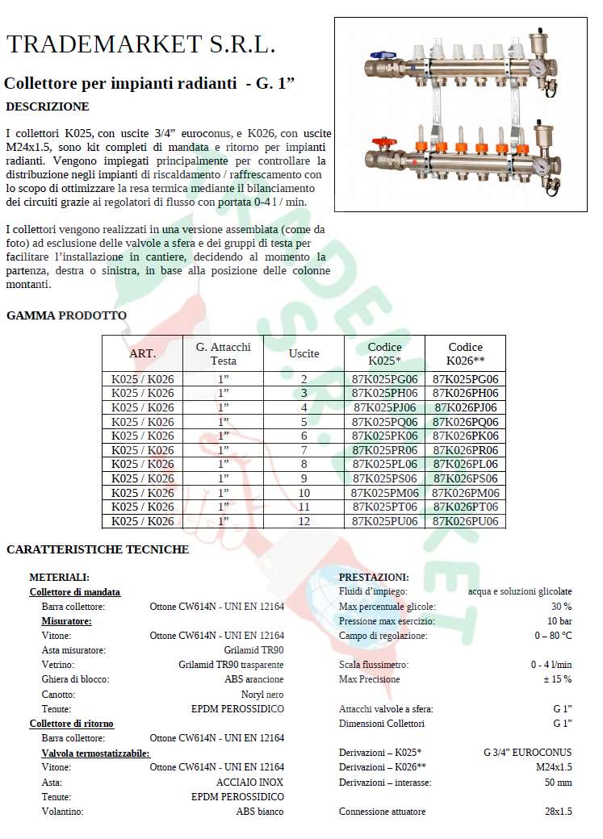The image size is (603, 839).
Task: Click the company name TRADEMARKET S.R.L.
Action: coord(140,45)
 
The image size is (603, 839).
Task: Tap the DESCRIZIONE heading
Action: coord(48,106)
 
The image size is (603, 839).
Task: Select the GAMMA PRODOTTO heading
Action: coord(66,315)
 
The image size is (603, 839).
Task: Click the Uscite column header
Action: coord(304,353)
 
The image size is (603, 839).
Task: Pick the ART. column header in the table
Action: coord(143,353)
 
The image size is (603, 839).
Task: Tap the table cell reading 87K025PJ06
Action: coord(385,407)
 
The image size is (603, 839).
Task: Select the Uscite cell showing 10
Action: coord(304,493)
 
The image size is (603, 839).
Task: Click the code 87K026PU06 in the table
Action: coord(466,521)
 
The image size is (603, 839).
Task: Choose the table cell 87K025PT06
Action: coord(385,507)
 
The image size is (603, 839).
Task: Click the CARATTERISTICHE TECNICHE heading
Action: coord(98,549)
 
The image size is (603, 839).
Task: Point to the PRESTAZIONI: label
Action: coord(374,578)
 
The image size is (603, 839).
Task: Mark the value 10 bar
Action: coord(559,621)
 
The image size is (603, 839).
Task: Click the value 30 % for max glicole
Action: coord(561,607)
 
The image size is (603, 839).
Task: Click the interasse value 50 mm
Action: coord(558,783)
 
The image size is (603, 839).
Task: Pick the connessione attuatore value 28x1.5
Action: coord(558,812)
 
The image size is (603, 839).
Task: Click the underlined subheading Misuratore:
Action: coord(66,621)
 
